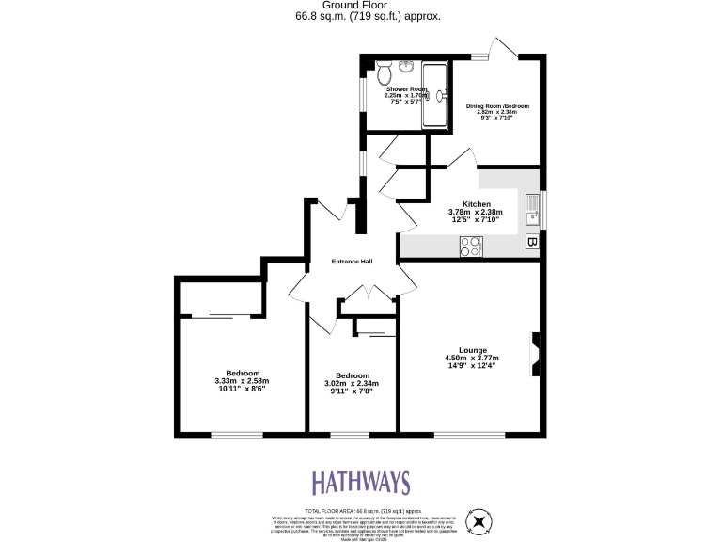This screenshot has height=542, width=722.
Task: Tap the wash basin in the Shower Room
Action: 405,67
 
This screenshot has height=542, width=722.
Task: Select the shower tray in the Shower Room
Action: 435,95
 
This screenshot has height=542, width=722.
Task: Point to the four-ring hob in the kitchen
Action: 470,247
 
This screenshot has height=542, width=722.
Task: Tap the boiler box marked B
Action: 532,243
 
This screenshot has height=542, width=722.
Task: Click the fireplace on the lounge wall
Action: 536,355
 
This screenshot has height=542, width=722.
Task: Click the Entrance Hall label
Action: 353,262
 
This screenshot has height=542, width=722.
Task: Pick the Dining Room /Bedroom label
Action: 497,106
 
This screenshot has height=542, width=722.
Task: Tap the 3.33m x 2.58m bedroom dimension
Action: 242,381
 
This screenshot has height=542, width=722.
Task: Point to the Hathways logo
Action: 361,484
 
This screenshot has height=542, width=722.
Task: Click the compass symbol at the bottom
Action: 480,520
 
